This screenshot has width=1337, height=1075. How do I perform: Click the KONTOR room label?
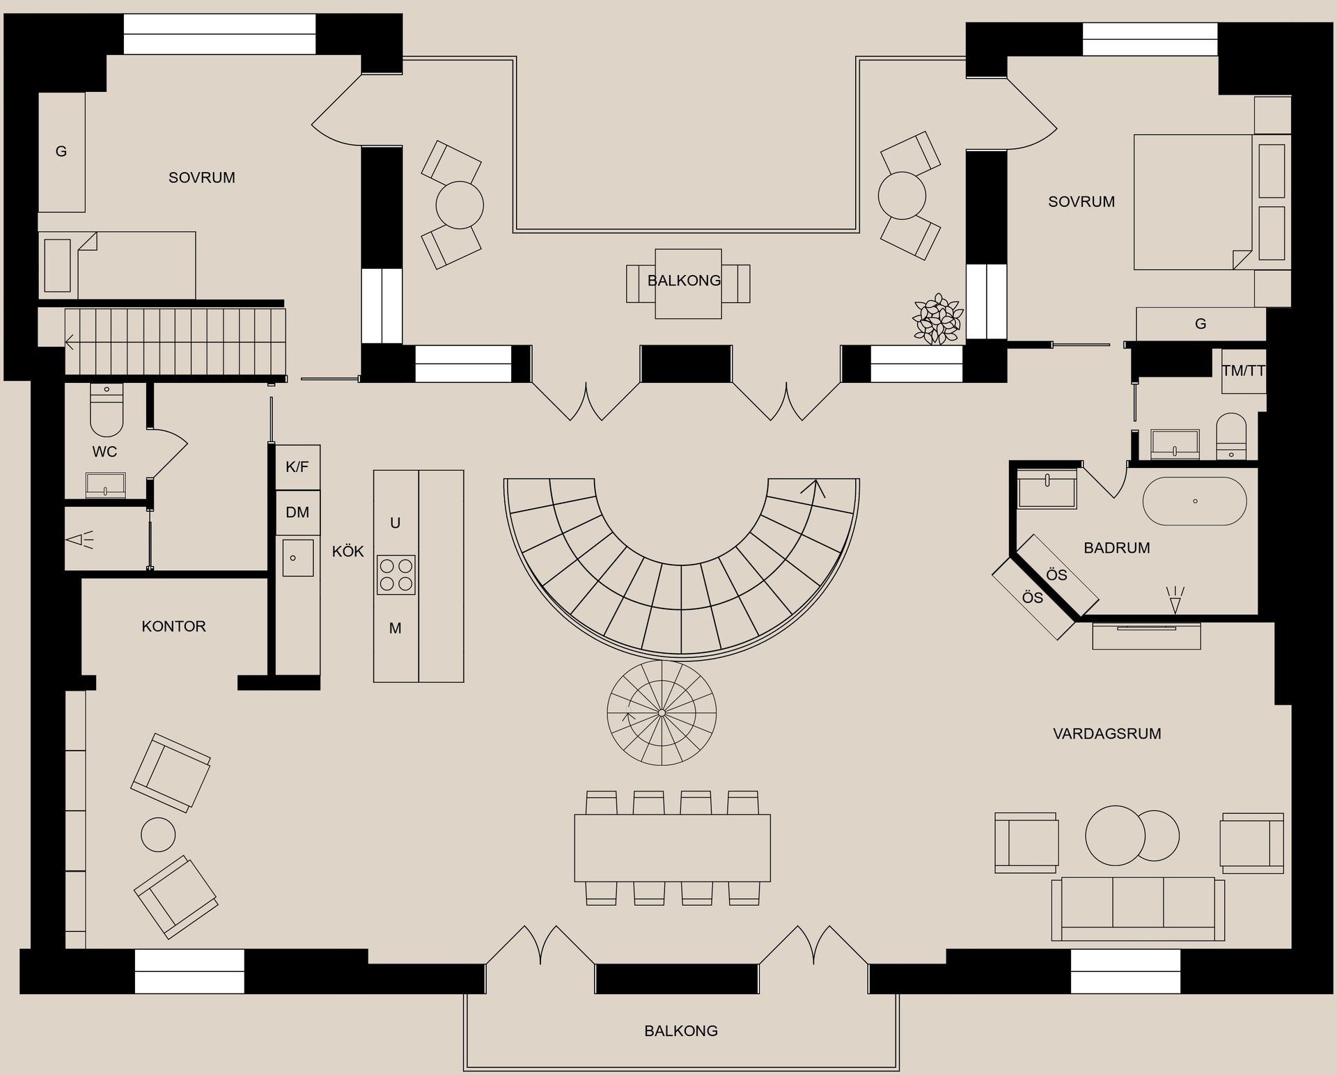[173, 626]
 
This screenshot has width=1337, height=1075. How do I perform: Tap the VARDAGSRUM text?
[1107, 733]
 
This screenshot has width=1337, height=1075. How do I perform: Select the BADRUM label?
[1116, 548]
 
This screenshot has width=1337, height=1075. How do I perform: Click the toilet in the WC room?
[107, 411]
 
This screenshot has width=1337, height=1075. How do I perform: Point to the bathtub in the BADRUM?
[1195, 501]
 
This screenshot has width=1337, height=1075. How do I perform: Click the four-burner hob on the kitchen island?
[396, 574]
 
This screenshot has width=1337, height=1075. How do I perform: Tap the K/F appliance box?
[297, 467]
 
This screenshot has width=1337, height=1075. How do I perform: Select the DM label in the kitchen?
[297, 512]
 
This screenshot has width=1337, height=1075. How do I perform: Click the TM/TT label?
[1243, 371]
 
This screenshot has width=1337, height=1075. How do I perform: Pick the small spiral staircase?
[662, 713]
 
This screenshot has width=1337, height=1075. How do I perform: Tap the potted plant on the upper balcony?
[938, 320]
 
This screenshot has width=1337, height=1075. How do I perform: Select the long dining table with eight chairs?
[672, 847]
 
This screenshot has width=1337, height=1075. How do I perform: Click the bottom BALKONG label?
[680, 1030]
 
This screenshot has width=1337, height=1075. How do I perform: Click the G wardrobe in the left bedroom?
[61, 152]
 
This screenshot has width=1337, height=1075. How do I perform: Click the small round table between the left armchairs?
[158, 834]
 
